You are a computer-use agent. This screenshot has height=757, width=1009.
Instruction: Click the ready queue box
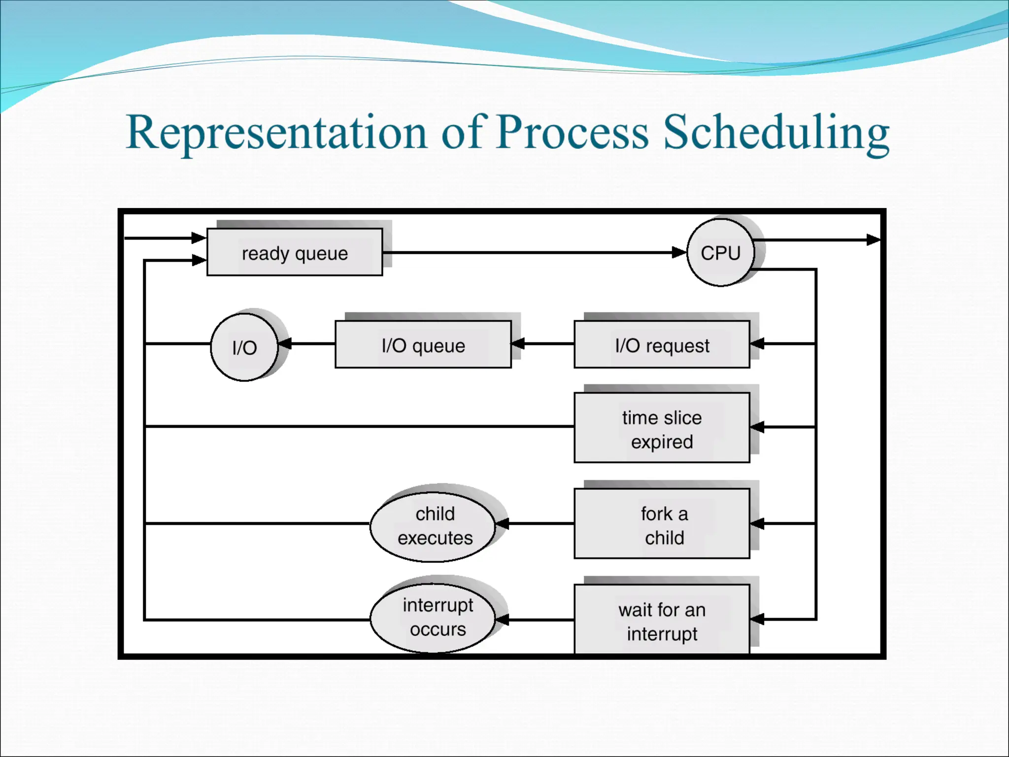click(x=295, y=252)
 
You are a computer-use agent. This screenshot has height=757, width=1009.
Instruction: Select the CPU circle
click(x=720, y=252)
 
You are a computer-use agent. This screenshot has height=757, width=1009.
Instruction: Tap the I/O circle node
click(x=244, y=347)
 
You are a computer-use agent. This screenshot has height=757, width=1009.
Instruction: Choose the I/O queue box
click(x=423, y=344)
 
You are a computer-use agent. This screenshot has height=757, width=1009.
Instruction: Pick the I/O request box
click(x=662, y=344)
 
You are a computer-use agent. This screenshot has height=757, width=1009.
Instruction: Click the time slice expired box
click(x=662, y=428)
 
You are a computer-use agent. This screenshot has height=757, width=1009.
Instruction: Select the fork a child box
click(x=662, y=524)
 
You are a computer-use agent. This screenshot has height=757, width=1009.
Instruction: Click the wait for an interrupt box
click(x=662, y=620)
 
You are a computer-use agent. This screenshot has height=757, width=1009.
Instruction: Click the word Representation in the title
click(x=276, y=132)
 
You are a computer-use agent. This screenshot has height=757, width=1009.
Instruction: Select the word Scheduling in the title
click(x=776, y=132)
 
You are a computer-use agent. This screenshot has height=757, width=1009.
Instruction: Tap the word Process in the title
click(x=572, y=132)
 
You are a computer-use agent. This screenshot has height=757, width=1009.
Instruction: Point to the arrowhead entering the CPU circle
click(x=680, y=252)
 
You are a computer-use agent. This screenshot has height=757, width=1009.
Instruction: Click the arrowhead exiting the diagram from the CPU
click(x=874, y=240)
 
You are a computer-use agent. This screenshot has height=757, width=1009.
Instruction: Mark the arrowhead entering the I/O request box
click(x=757, y=344)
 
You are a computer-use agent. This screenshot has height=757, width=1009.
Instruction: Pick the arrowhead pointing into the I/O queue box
click(x=518, y=344)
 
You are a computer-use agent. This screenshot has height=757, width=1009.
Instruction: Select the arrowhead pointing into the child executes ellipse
click(x=502, y=523)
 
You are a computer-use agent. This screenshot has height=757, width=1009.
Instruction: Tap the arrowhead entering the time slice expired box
click(x=757, y=427)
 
